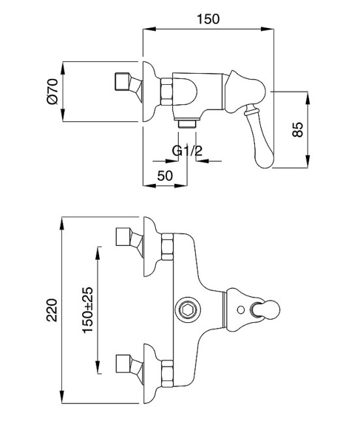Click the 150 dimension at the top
[x=208, y=19]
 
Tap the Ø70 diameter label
[x=52, y=91]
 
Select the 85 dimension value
[x=298, y=130]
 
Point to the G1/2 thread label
[x=187, y=151]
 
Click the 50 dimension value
[x=164, y=175]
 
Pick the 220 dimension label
[x=52, y=310]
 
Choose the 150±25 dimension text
[x=87, y=310]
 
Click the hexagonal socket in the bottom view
[x=188, y=310]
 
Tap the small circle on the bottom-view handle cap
[x=241, y=310]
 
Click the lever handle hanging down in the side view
[x=261, y=138]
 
